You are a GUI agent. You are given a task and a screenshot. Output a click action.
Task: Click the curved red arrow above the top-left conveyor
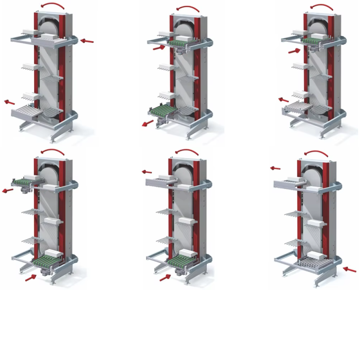[x=52, y=6]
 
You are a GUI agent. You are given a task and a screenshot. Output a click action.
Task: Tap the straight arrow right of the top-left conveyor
[x=87, y=41]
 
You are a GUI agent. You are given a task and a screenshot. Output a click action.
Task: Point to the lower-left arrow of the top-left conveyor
[x=9, y=102]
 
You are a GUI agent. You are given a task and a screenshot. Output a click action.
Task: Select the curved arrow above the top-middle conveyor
[x=188, y=9]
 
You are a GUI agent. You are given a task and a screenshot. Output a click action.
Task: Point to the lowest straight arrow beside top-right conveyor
[x=283, y=99]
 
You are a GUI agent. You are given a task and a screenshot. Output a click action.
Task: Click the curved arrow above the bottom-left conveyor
[x=53, y=153]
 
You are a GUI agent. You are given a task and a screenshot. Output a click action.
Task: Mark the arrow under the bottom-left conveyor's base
[x=31, y=278]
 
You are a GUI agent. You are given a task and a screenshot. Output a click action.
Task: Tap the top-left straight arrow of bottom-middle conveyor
[x=147, y=171]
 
